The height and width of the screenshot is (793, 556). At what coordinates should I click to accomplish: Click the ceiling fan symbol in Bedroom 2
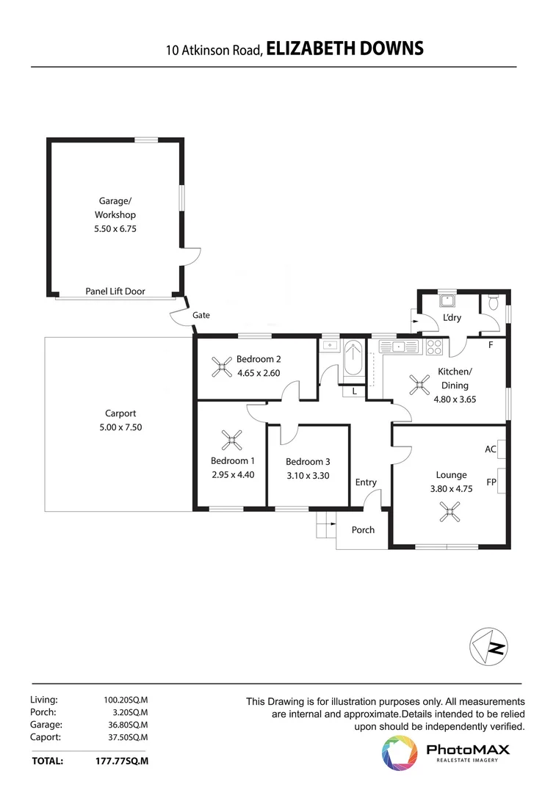(221, 366)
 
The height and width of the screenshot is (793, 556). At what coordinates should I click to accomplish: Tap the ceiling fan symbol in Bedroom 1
(232, 441)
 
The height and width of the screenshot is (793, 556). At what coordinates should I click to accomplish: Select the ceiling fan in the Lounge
(447, 511)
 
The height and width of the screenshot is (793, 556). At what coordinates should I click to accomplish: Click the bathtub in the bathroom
(353, 360)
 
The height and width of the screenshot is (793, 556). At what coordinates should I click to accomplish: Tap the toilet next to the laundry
(493, 302)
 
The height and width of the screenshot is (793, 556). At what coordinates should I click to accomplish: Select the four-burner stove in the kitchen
(433, 346)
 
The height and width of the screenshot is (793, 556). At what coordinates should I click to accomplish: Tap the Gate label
(201, 315)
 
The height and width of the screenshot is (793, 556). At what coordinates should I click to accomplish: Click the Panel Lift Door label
(115, 292)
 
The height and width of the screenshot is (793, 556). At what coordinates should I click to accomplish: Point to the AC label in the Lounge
(491, 449)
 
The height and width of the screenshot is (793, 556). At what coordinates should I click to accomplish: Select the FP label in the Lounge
(491, 482)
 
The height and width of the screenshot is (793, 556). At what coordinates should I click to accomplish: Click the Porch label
(363, 530)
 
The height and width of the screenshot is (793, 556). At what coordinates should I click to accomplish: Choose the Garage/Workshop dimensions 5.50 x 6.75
(115, 228)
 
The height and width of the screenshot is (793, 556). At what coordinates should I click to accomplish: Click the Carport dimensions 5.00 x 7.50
(120, 427)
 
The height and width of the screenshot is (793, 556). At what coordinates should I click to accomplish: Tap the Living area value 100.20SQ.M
(126, 700)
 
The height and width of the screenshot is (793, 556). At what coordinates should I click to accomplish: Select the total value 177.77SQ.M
(122, 761)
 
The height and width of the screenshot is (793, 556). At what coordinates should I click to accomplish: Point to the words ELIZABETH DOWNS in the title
(344, 49)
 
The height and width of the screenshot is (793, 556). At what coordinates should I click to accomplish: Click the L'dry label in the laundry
(451, 318)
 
